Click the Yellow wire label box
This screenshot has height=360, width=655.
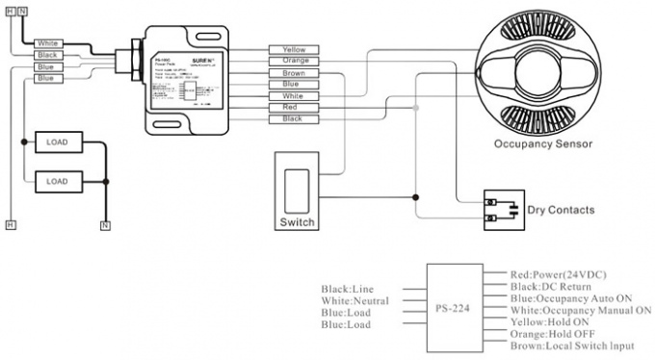click(x=294, y=49)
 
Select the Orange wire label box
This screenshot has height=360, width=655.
click(x=294, y=61)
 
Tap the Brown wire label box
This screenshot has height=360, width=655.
click(x=294, y=73)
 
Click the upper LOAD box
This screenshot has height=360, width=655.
click(x=58, y=142)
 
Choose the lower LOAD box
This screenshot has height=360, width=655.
click(x=58, y=180)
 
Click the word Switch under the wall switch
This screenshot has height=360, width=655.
click(x=297, y=222)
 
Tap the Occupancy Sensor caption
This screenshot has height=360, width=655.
click(x=542, y=144)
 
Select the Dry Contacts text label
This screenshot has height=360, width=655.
click(x=560, y=210)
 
